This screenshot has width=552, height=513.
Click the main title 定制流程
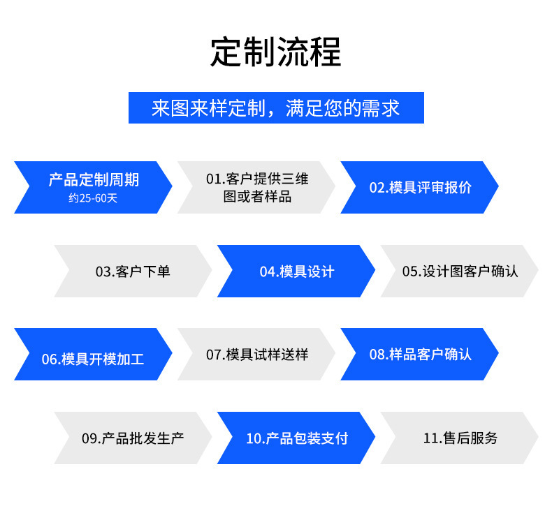tap(275, 52)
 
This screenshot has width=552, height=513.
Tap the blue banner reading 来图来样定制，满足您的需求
tap(276, 107)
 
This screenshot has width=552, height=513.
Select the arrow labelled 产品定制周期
tap(93, 187)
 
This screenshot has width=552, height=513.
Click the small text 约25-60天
tap(93, 198)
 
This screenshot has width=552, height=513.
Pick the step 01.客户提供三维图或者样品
tap(256, 187)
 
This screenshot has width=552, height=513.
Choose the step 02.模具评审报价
tap(420, 187)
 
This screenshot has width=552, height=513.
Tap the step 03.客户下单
tap(133, 271)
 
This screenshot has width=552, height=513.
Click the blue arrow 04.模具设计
tap(296, 271)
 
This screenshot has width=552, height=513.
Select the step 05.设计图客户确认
tap(459, 271)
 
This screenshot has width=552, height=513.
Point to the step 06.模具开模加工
tap(93, 354)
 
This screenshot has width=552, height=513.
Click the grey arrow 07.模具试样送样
tap(256, 354)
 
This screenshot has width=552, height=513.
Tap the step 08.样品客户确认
tap(420, 354)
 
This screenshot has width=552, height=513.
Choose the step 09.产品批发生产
tap(133, 438)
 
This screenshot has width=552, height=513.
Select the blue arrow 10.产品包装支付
tap(296, 438)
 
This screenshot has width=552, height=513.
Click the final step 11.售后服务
tap(459, 438)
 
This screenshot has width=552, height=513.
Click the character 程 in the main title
tap(326, 52)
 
